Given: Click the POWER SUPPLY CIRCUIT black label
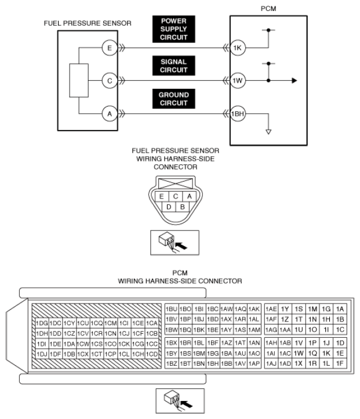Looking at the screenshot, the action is pos(174,29).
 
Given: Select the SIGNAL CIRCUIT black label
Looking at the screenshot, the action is pos(174,66).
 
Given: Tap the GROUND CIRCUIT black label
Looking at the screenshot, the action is pos(174,99).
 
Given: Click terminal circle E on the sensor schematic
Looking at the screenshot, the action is pos(110,48).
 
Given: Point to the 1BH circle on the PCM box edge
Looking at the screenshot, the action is pos(238,114).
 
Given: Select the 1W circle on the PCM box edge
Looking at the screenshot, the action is pos(238,81).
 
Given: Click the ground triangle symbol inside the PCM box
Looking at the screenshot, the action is pos(268,132).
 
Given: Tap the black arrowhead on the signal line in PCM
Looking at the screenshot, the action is pos(294,81).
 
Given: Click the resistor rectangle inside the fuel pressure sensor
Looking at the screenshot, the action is pos(79,81).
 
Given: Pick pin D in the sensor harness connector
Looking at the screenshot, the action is pos(169,207).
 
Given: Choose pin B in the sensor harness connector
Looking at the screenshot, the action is pos(183,207).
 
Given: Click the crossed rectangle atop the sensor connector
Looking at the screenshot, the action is pos(176,184).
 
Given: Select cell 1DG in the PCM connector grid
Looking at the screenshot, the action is pos(42,323).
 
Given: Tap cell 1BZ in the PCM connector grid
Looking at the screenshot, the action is pos(172,363).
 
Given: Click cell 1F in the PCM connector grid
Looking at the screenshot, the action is pos(340,363).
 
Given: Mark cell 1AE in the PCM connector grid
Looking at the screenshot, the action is pos(271,309).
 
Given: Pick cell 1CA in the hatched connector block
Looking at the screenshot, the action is pos(152,323).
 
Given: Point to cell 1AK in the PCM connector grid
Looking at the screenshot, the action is pos(254,309).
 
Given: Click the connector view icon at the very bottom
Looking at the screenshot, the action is pos(180,401).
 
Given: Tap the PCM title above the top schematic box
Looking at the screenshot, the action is pos(268,9).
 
